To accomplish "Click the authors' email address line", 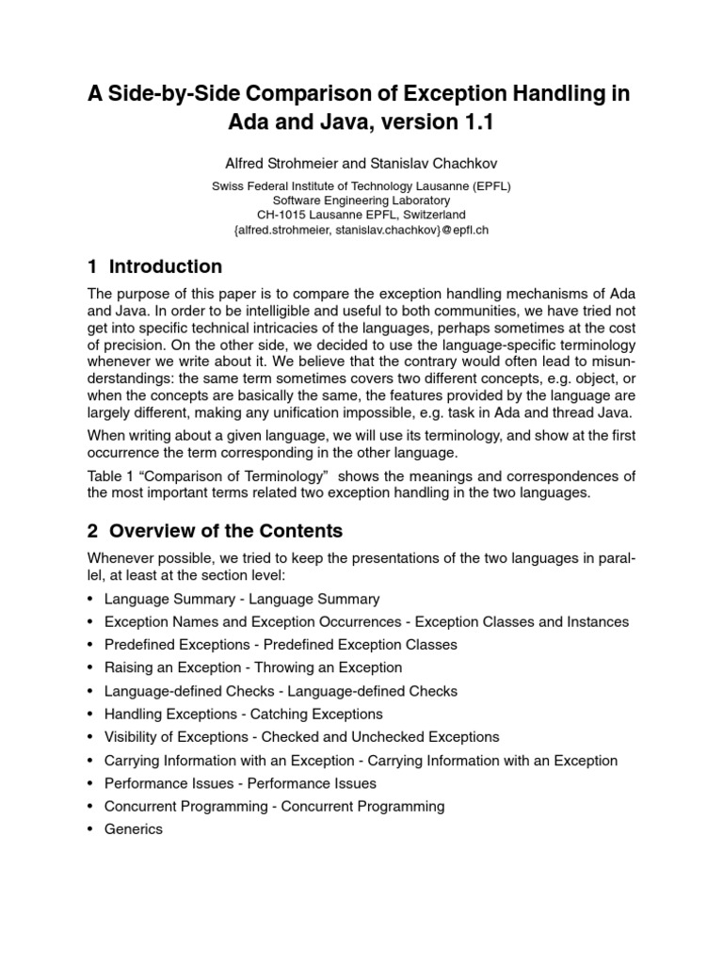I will click(x=361, y=229).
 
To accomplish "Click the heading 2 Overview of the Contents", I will click(x=215, y=530).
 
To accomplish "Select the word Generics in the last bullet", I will click(x=134, y=829).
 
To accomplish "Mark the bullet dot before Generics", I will click(x=89, y=829).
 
